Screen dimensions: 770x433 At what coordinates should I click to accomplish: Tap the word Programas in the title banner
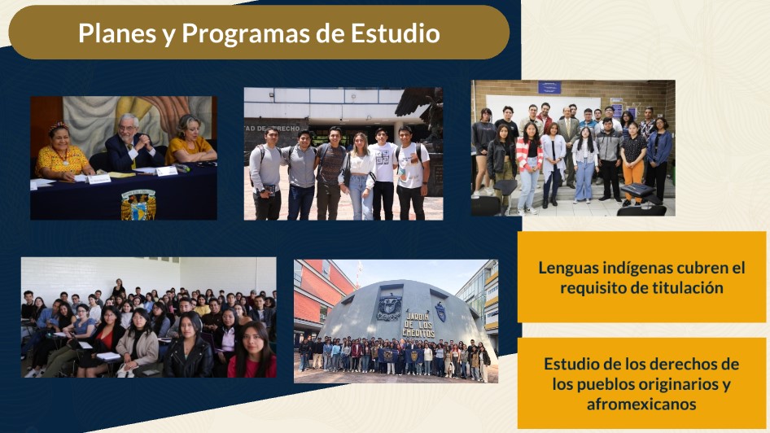click(x=246, y=34)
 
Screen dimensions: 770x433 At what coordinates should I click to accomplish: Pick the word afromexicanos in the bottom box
click(x=641, y=405)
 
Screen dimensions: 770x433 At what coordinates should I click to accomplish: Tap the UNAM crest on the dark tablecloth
click(x=138, y=205)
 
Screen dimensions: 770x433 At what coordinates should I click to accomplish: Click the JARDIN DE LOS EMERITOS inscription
click(x=418, y=325)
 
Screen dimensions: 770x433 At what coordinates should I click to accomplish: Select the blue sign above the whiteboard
click(x=549, y=87)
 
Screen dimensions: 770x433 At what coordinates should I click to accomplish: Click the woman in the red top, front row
click(x=252, y=350)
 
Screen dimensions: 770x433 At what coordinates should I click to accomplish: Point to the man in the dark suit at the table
click(x=133, y=144)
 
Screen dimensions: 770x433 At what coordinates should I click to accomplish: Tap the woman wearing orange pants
click(x=633, y=163)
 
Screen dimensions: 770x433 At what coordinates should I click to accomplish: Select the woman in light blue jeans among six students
click(x=361, y=177)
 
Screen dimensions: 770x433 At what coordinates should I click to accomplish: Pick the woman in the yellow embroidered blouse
click(x=63, y=152)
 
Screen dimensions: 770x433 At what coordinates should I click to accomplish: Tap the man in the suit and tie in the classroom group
click(x=569, y=147)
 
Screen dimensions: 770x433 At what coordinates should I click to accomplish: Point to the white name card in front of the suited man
click(x=167, y=171)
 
